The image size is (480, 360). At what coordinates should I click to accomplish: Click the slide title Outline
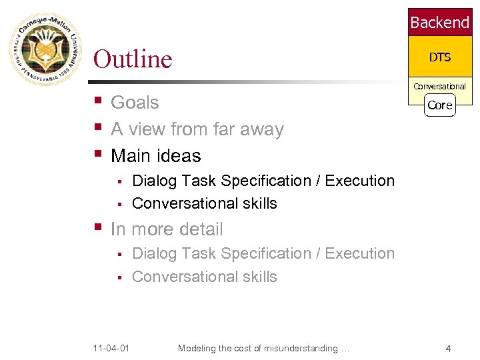point(133,59)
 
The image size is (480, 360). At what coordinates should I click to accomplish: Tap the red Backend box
point(439,23)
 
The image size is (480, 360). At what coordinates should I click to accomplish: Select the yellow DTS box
point(439,57)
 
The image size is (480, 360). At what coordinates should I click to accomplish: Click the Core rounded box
point(439,105)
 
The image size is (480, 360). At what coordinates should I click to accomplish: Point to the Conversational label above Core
point(439,87)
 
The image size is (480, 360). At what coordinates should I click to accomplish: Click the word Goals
point(135,103)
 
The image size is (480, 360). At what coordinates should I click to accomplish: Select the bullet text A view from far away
point(197,129)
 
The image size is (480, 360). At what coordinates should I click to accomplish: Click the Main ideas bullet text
point(155,156)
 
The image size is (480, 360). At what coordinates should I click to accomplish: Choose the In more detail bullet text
point(167,229)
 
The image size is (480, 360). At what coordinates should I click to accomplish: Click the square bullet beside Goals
point(97,101)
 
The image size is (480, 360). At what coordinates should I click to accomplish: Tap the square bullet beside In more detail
point(97,228)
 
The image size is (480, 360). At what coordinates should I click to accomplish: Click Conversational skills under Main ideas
point(204,203)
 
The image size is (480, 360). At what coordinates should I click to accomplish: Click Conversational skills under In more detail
point(204,277)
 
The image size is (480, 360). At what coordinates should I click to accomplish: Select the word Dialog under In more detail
point(154,254)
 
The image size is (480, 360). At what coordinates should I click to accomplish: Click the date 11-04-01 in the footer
point(111,349)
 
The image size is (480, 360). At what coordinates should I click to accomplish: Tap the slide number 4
point(448,349)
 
